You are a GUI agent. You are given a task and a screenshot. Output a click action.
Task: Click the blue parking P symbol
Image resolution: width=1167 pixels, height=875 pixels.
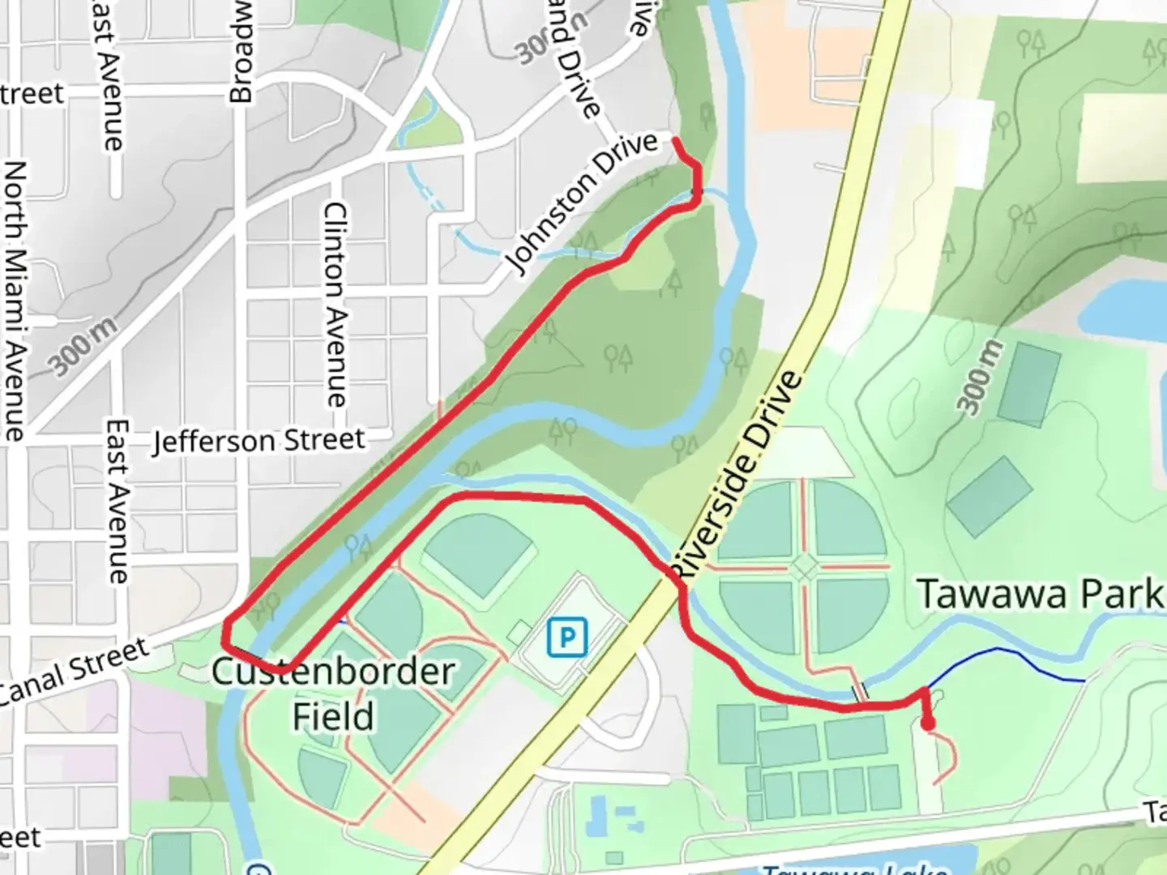pos(566,637)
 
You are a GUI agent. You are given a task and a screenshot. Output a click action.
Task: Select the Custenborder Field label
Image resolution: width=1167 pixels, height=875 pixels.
pos(333,672)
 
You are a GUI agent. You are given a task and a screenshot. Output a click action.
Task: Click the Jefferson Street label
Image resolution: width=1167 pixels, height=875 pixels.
pos(259,442)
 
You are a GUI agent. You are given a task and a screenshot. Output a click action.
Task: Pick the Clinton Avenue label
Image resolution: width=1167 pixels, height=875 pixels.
pos(335,304)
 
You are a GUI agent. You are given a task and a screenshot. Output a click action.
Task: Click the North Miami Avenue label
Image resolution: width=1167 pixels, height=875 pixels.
pos(15,300)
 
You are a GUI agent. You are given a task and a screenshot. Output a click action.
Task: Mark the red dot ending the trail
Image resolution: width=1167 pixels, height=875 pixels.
pos(928,723)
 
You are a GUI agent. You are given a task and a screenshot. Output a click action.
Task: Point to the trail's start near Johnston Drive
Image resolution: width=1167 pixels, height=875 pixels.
pos(676,140)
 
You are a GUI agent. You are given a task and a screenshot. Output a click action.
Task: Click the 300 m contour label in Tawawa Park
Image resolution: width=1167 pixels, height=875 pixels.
pos(980,378)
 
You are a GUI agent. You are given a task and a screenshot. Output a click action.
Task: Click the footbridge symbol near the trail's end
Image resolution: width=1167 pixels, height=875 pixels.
pos(861,692)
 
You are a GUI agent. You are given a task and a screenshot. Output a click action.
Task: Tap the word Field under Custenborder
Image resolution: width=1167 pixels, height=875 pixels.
pos(333,716)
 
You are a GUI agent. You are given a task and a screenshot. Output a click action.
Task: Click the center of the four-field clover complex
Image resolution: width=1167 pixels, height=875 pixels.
pos(804,567)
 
